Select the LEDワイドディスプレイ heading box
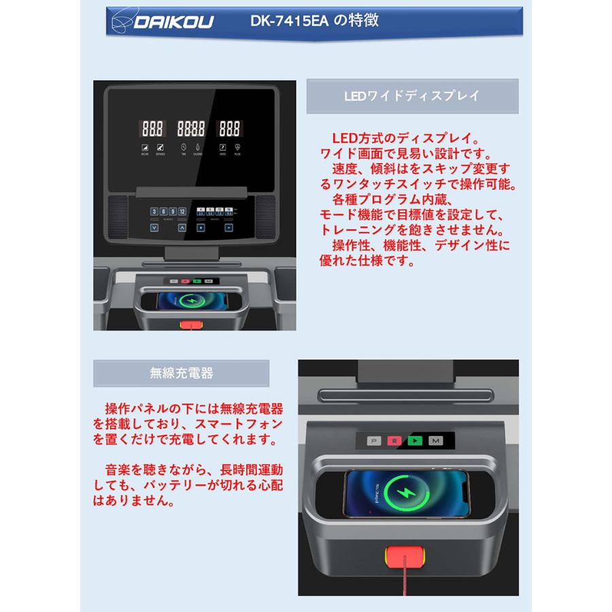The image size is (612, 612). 411,96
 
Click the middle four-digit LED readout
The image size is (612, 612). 190,128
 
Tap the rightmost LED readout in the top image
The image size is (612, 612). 228,128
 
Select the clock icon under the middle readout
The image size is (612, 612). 184,148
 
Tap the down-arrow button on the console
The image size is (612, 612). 155,228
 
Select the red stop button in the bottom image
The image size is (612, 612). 394,441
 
